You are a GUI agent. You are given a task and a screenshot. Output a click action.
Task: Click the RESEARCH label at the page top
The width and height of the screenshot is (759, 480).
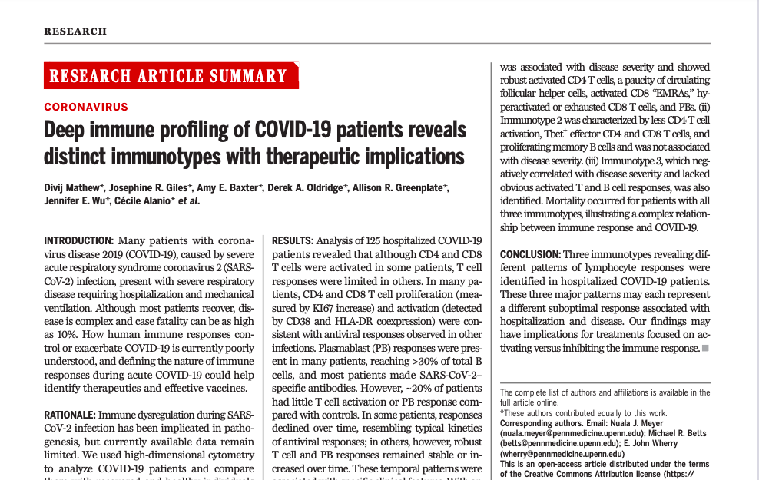[75, 31]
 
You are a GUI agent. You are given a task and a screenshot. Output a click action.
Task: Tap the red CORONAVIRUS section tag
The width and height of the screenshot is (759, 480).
[86, 107]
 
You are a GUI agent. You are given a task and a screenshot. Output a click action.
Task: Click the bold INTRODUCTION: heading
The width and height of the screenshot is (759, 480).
[78, 240]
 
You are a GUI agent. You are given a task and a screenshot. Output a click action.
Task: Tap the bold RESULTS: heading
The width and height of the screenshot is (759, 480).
[293, 240]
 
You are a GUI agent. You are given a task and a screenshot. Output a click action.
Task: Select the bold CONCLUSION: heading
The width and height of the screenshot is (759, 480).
[529, 254]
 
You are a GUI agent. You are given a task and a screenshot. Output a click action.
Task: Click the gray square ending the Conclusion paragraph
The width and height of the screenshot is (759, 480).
[705, 349]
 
